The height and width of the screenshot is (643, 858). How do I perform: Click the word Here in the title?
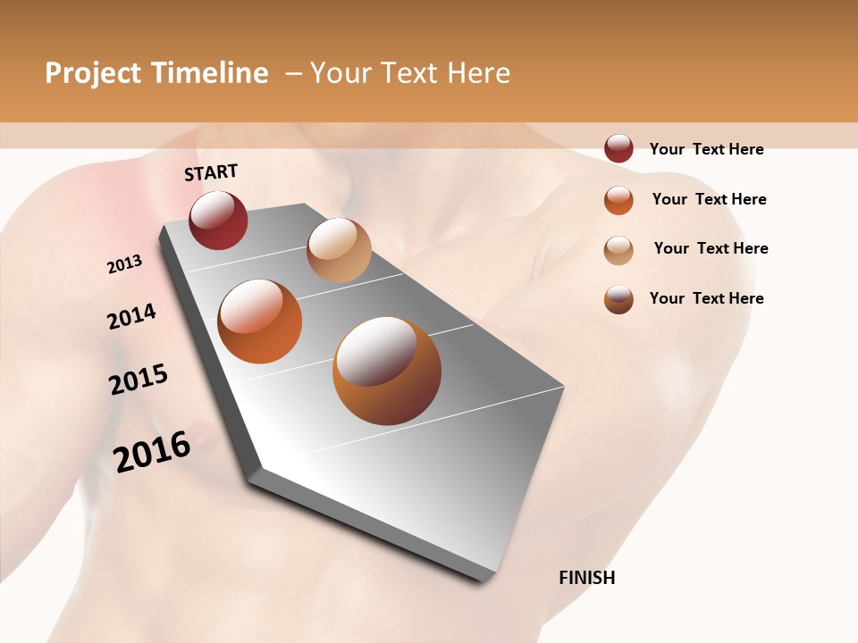(478, 73)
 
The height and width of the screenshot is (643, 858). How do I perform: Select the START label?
(211, 172)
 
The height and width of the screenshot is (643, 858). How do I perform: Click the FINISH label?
(586, 578)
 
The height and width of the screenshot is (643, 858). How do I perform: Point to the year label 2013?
(125, 264)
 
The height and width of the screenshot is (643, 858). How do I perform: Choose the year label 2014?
(131, 317)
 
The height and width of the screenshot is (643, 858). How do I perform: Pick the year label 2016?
(152, 451)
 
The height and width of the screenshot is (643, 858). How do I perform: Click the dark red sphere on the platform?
(218, 220)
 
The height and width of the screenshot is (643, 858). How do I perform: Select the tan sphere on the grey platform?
(339, 249)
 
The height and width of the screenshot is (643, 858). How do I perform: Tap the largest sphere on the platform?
(387, 370)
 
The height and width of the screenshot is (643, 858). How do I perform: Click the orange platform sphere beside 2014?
(260, 321)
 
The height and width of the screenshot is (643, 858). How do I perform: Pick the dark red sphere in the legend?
(618, 148)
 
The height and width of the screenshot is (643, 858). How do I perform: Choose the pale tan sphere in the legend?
(618, 249)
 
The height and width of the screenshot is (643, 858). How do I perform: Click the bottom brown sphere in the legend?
(618, 299)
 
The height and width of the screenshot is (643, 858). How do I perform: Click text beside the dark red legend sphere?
(706, 149)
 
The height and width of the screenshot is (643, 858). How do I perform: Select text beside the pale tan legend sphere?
(711, 248)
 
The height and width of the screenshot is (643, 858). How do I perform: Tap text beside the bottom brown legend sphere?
(706, 298)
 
